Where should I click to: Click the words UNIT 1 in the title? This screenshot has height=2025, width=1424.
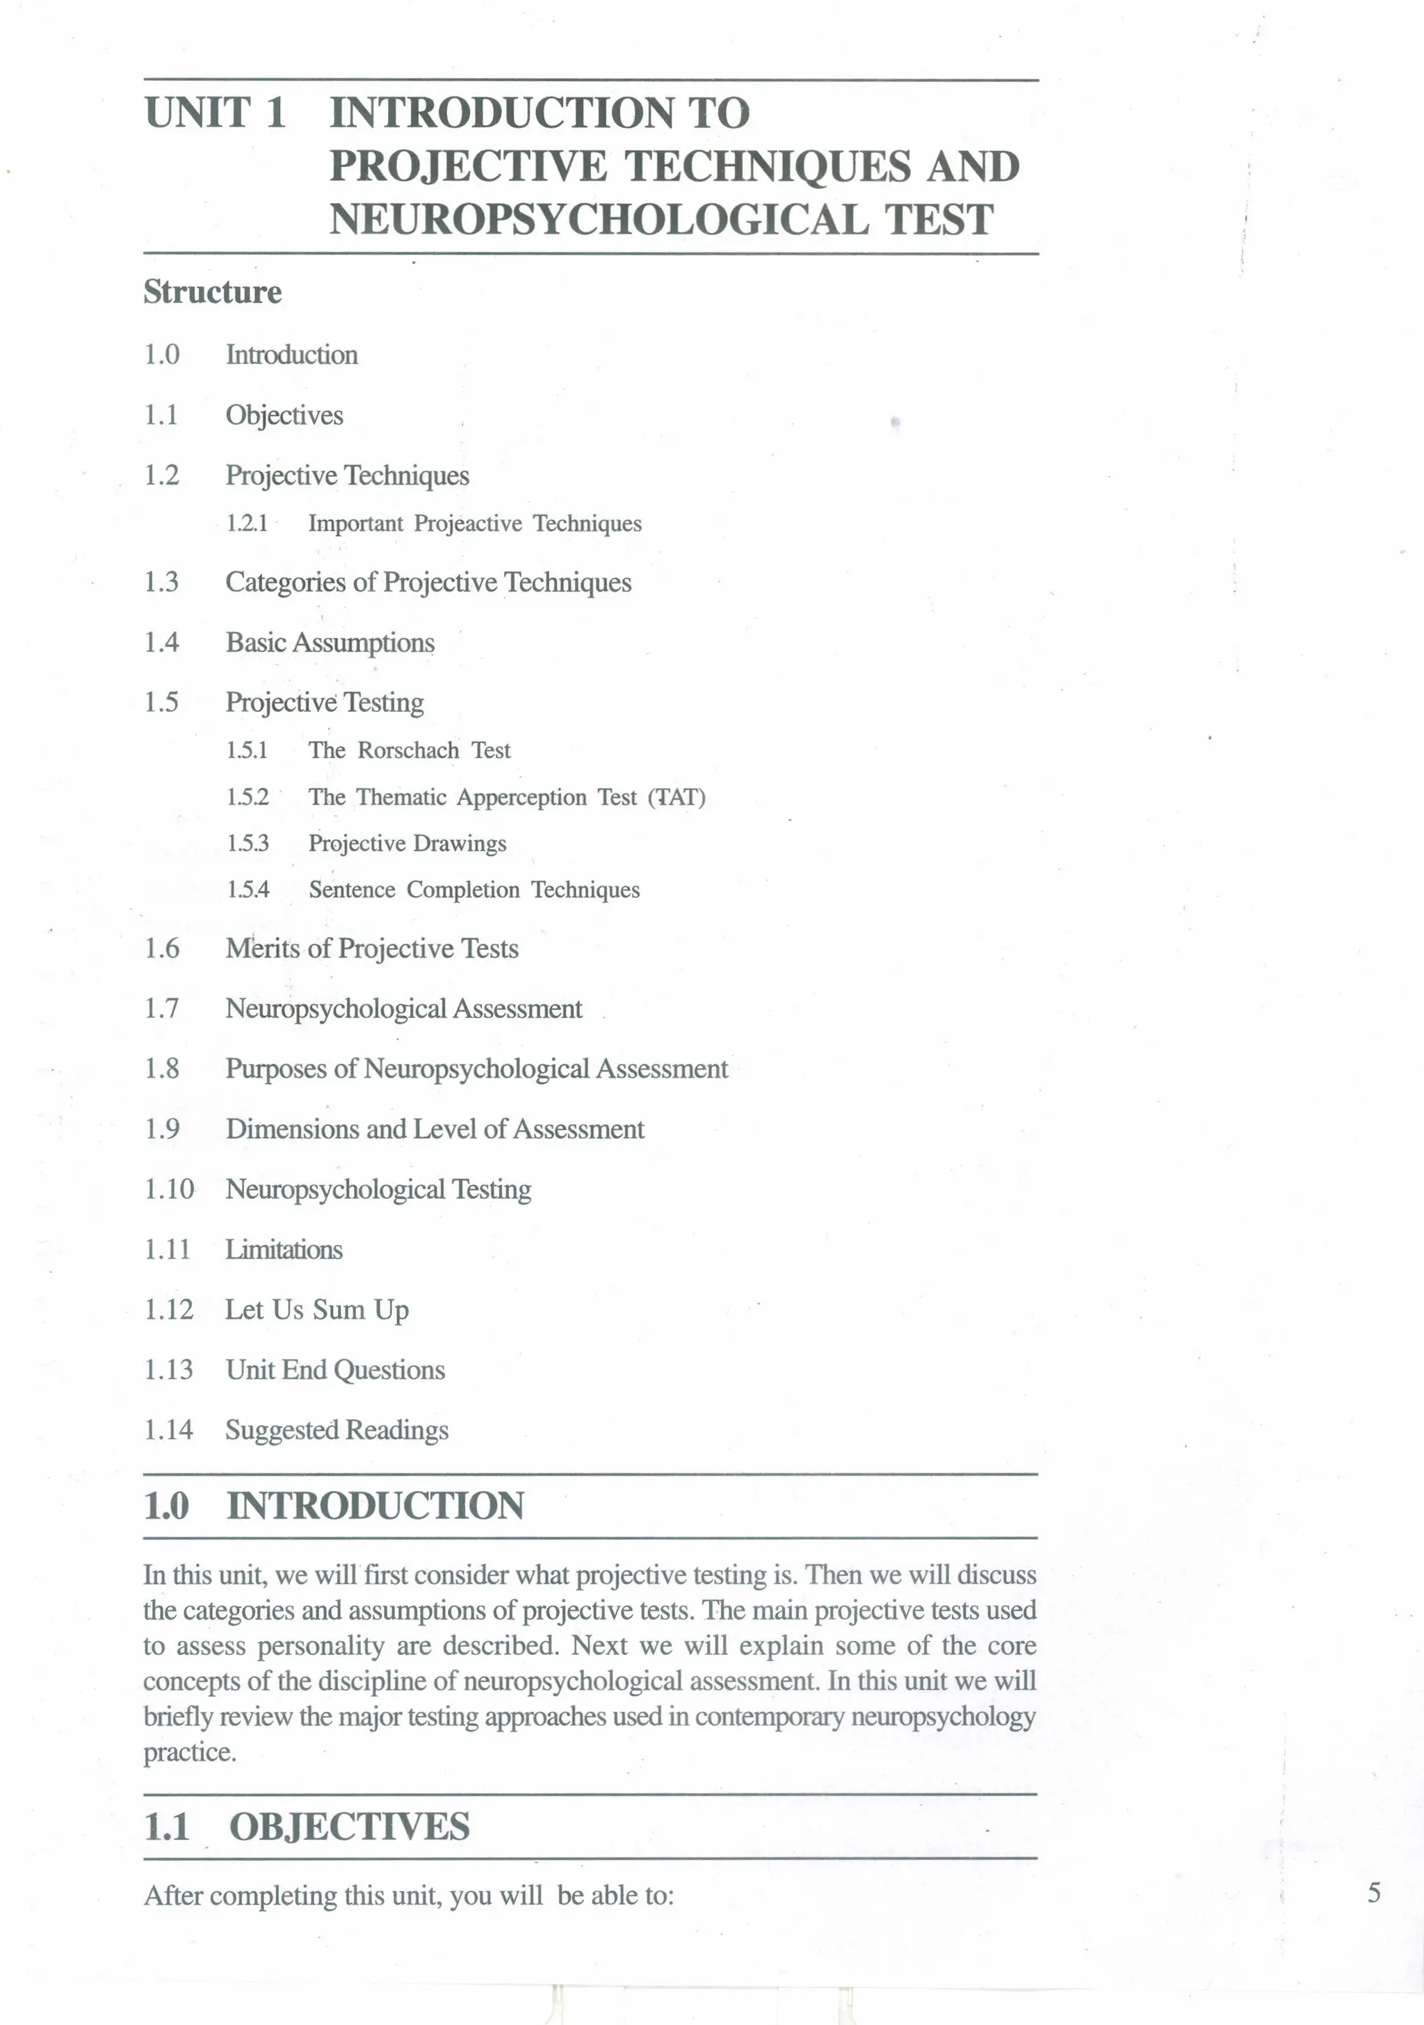pyautogui.click(x=215, y=113)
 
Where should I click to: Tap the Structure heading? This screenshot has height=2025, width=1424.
pyautogui.click(x=213, y=292)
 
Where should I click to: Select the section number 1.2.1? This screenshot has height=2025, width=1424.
pyautogui.click(x=247, y=524)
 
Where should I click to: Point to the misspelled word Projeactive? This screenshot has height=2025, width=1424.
pyautogui.click(x=468, y=524)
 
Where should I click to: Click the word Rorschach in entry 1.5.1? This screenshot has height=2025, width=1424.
pyautogui.click(x=408, y=750)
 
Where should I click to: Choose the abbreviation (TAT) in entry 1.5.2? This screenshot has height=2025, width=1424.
pyautogui.click(x=677, y=798)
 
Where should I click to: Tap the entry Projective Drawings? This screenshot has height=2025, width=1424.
pyautogui.click(x=407, y=844)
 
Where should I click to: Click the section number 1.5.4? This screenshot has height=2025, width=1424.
pyautogui.click(x=248, y=890)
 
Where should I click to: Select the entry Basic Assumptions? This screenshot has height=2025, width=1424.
pyautogui.click(x=330, y=643)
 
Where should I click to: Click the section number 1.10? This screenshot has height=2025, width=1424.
pyautogui.click(x=168, y=1190)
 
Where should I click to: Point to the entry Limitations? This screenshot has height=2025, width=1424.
pyautogui.click(x=284, y=1250)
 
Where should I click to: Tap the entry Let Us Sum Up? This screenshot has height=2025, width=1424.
pyautogui.click(x=316, y=1311)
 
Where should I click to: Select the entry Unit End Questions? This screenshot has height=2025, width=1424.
pyautogui.click(x=335, y=1370)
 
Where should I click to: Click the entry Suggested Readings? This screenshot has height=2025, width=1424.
pyautogui.click(x=337, y=1430)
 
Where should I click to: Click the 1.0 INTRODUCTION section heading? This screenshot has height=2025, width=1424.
pyautogui.click(x=334, y=1506)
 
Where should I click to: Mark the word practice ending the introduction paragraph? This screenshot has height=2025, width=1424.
pyautogui.click(x=190, y=1752)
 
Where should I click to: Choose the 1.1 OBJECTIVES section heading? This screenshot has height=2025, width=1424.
pyautogui.click(x=307, y=1827)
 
